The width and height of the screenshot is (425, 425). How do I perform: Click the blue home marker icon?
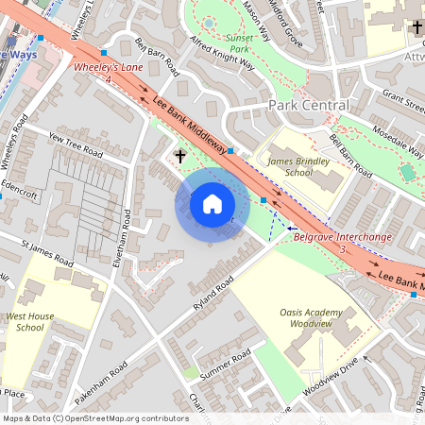(212, 203)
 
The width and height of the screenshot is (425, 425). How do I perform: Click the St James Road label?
(47, 252)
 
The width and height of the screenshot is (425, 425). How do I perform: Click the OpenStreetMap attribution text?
(94, 418)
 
